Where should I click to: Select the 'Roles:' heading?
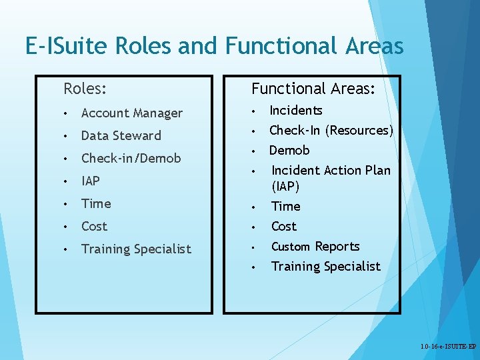pos(85,88)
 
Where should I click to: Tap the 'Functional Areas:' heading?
pos(313,89)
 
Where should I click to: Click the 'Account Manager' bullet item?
pos(131,113)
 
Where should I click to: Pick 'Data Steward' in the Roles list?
pos(121,136)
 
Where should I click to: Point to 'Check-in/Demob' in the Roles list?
pos(131,159)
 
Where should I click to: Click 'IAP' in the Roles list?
pos(91,181)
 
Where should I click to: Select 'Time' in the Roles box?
pos(96,204)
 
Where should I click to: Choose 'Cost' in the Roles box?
pos(94,227)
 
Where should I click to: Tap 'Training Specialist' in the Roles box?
pos(136,249)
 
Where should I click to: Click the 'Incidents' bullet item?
pos(296,111)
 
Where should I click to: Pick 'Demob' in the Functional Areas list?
pos(289,151)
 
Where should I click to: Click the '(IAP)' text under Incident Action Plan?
pos(285,186)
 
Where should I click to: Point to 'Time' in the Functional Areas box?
pos(286,207)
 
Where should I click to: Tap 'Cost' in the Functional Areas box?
pos(284,227)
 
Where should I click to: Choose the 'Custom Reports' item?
pos(315,247)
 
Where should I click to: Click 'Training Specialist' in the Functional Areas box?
pos(326,267)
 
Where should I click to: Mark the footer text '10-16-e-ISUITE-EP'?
pos(448,347)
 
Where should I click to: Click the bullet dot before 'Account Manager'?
pos(66,113)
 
